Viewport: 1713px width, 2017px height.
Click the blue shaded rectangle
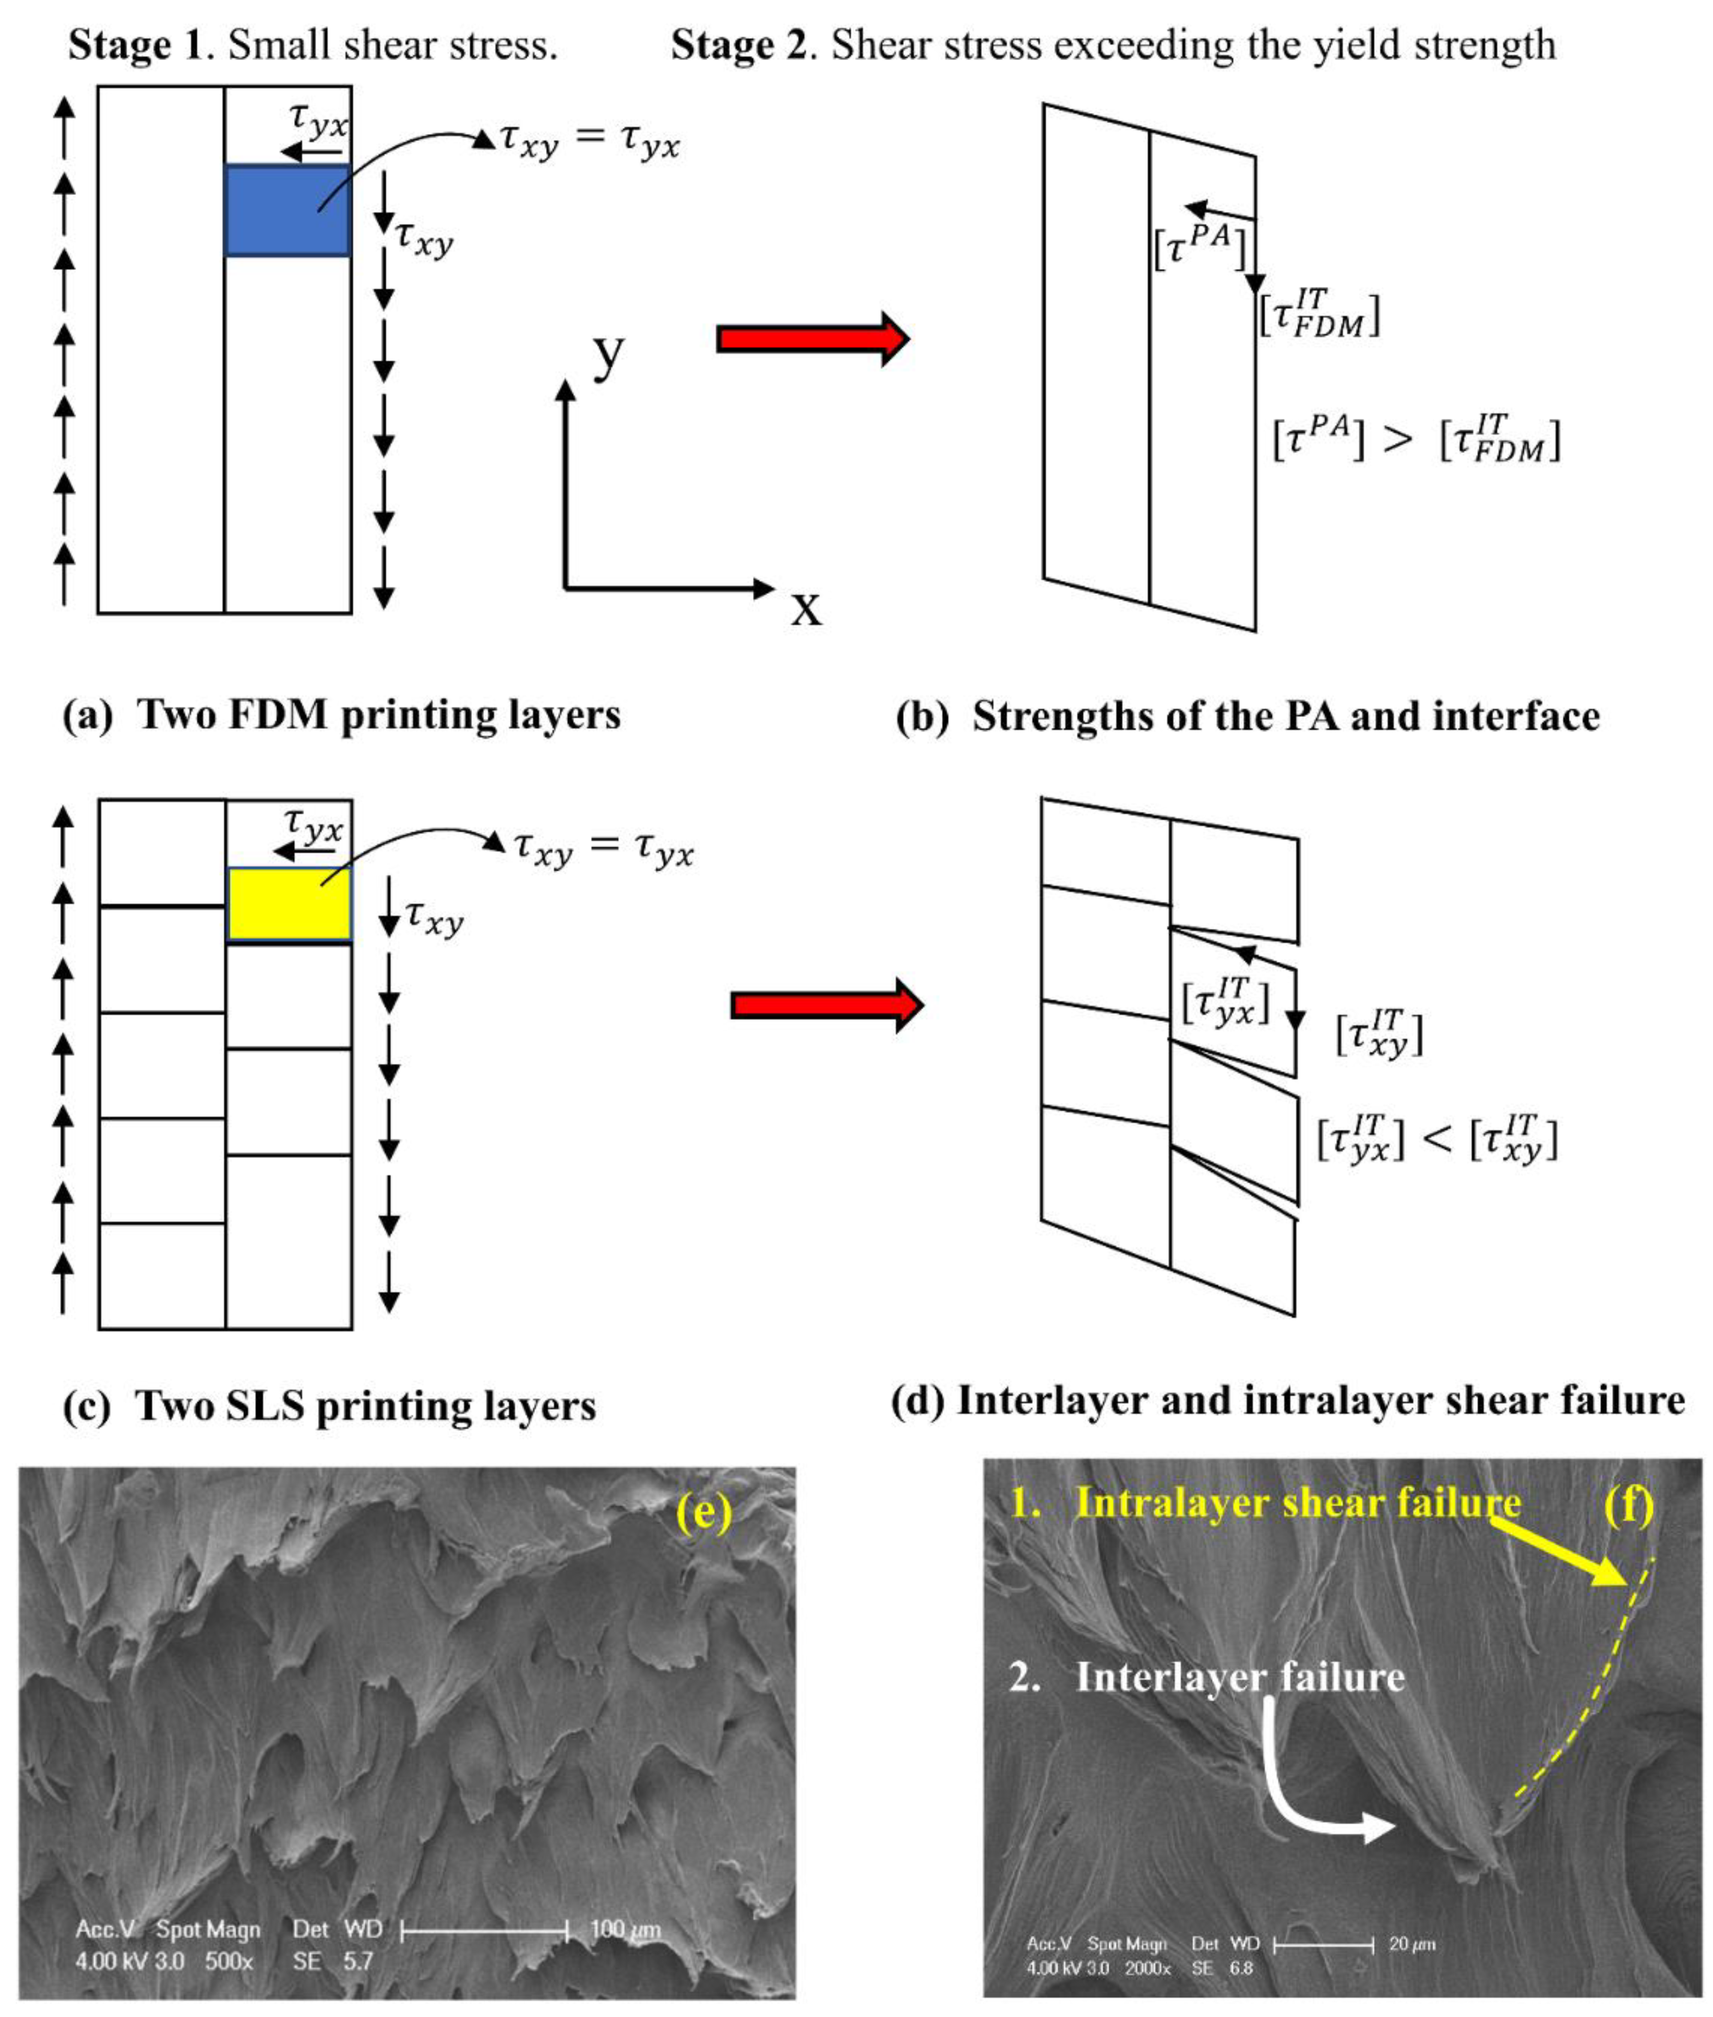(x=288, y=210)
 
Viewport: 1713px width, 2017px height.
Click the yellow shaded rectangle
(x=289, y=904)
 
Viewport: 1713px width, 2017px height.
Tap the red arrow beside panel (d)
(x=826, y=1005)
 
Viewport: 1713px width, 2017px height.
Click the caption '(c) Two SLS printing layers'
(x=329, y=1405)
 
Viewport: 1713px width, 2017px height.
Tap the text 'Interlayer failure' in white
(x=1239, y=1678)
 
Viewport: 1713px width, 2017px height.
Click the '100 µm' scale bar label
(x=625, y=1929)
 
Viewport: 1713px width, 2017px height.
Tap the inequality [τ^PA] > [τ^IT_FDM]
(x=1416, y=440)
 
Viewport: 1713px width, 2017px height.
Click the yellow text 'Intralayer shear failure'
(x=1297, y=1504)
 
